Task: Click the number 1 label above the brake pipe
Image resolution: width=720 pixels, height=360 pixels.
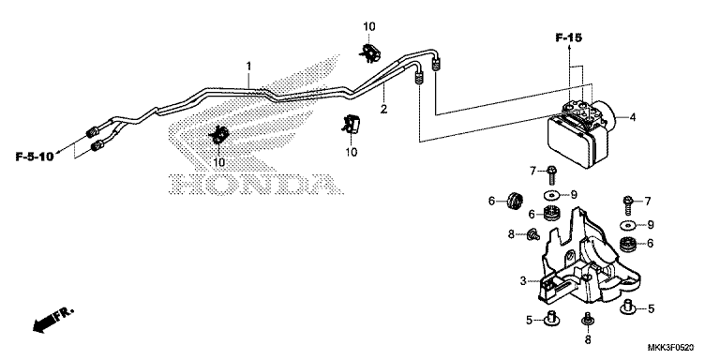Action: coord(248,66)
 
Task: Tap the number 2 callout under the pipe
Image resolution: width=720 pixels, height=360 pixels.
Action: coord(382,111)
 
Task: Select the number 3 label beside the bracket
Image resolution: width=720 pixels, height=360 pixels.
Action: coord(522,280)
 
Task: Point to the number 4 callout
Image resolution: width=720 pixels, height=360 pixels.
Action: coord(633,118)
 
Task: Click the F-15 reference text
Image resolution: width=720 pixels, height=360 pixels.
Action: coord(568,37)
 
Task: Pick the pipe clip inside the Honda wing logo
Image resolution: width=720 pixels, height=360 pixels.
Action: coord(219,135)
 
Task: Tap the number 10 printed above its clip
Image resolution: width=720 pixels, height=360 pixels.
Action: coord(368,25)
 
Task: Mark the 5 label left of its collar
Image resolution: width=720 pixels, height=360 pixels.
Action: coord(529,320)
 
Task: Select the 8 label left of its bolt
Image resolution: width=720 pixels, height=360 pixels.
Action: coord(512,234)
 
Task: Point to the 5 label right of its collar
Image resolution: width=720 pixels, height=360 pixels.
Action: coord(651,307)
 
